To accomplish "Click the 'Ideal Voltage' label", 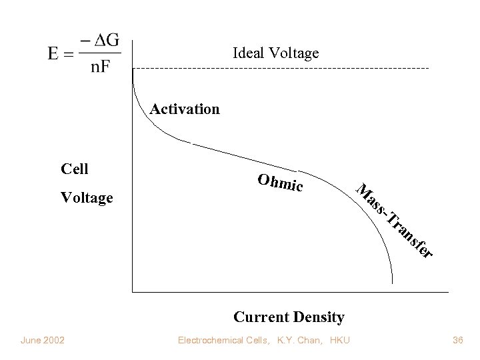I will [x=275, y=53].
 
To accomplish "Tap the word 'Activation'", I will [x=185, y=109].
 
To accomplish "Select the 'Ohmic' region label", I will [x=280, y=183].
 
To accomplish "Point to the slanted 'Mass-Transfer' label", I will [x=393, y=219].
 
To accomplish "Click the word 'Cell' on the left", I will [x=74, y=169].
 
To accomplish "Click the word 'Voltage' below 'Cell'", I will [x=87, y=198].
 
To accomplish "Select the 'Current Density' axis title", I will [x=289, y=317].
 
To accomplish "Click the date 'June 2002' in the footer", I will [x=43, y=341].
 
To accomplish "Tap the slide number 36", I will [x=457, y=341].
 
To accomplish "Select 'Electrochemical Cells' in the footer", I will [x=220, y=341].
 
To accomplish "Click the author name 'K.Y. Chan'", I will [x=293, y=341].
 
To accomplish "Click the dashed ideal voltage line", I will [x=280, y=69].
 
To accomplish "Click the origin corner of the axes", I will [x=133, y=291].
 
